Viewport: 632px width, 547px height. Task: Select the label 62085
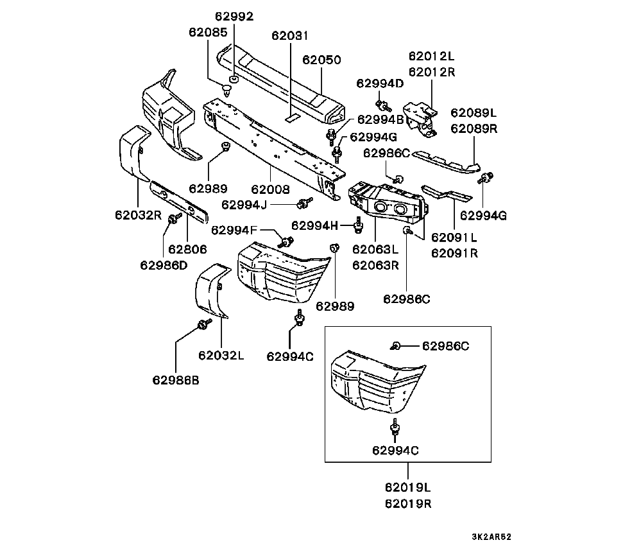207,31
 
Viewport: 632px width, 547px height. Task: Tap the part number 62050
322,60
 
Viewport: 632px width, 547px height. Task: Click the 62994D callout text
380,83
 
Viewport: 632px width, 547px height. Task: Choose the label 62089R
474,128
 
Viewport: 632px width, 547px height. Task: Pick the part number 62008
270,189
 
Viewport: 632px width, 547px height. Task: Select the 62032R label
139,215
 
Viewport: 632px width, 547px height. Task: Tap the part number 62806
187,249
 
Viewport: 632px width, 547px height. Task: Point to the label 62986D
164,264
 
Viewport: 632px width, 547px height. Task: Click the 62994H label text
314,225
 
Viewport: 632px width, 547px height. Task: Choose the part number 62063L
375,249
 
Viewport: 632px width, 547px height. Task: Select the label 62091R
454,253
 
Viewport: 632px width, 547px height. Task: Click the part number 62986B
175,379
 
